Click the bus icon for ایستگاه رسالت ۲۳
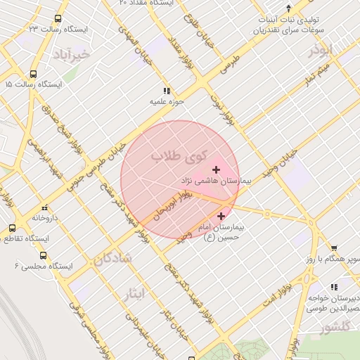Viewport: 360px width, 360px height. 57,19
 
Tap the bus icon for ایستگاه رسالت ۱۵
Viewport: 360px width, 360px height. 33,74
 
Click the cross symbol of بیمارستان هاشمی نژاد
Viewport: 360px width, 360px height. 215,169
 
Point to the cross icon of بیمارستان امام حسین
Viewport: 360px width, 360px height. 222,217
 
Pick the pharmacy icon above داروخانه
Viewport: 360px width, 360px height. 44,208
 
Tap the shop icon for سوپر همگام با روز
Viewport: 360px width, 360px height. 333,247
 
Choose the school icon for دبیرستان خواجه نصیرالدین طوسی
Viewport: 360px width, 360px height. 333,287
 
